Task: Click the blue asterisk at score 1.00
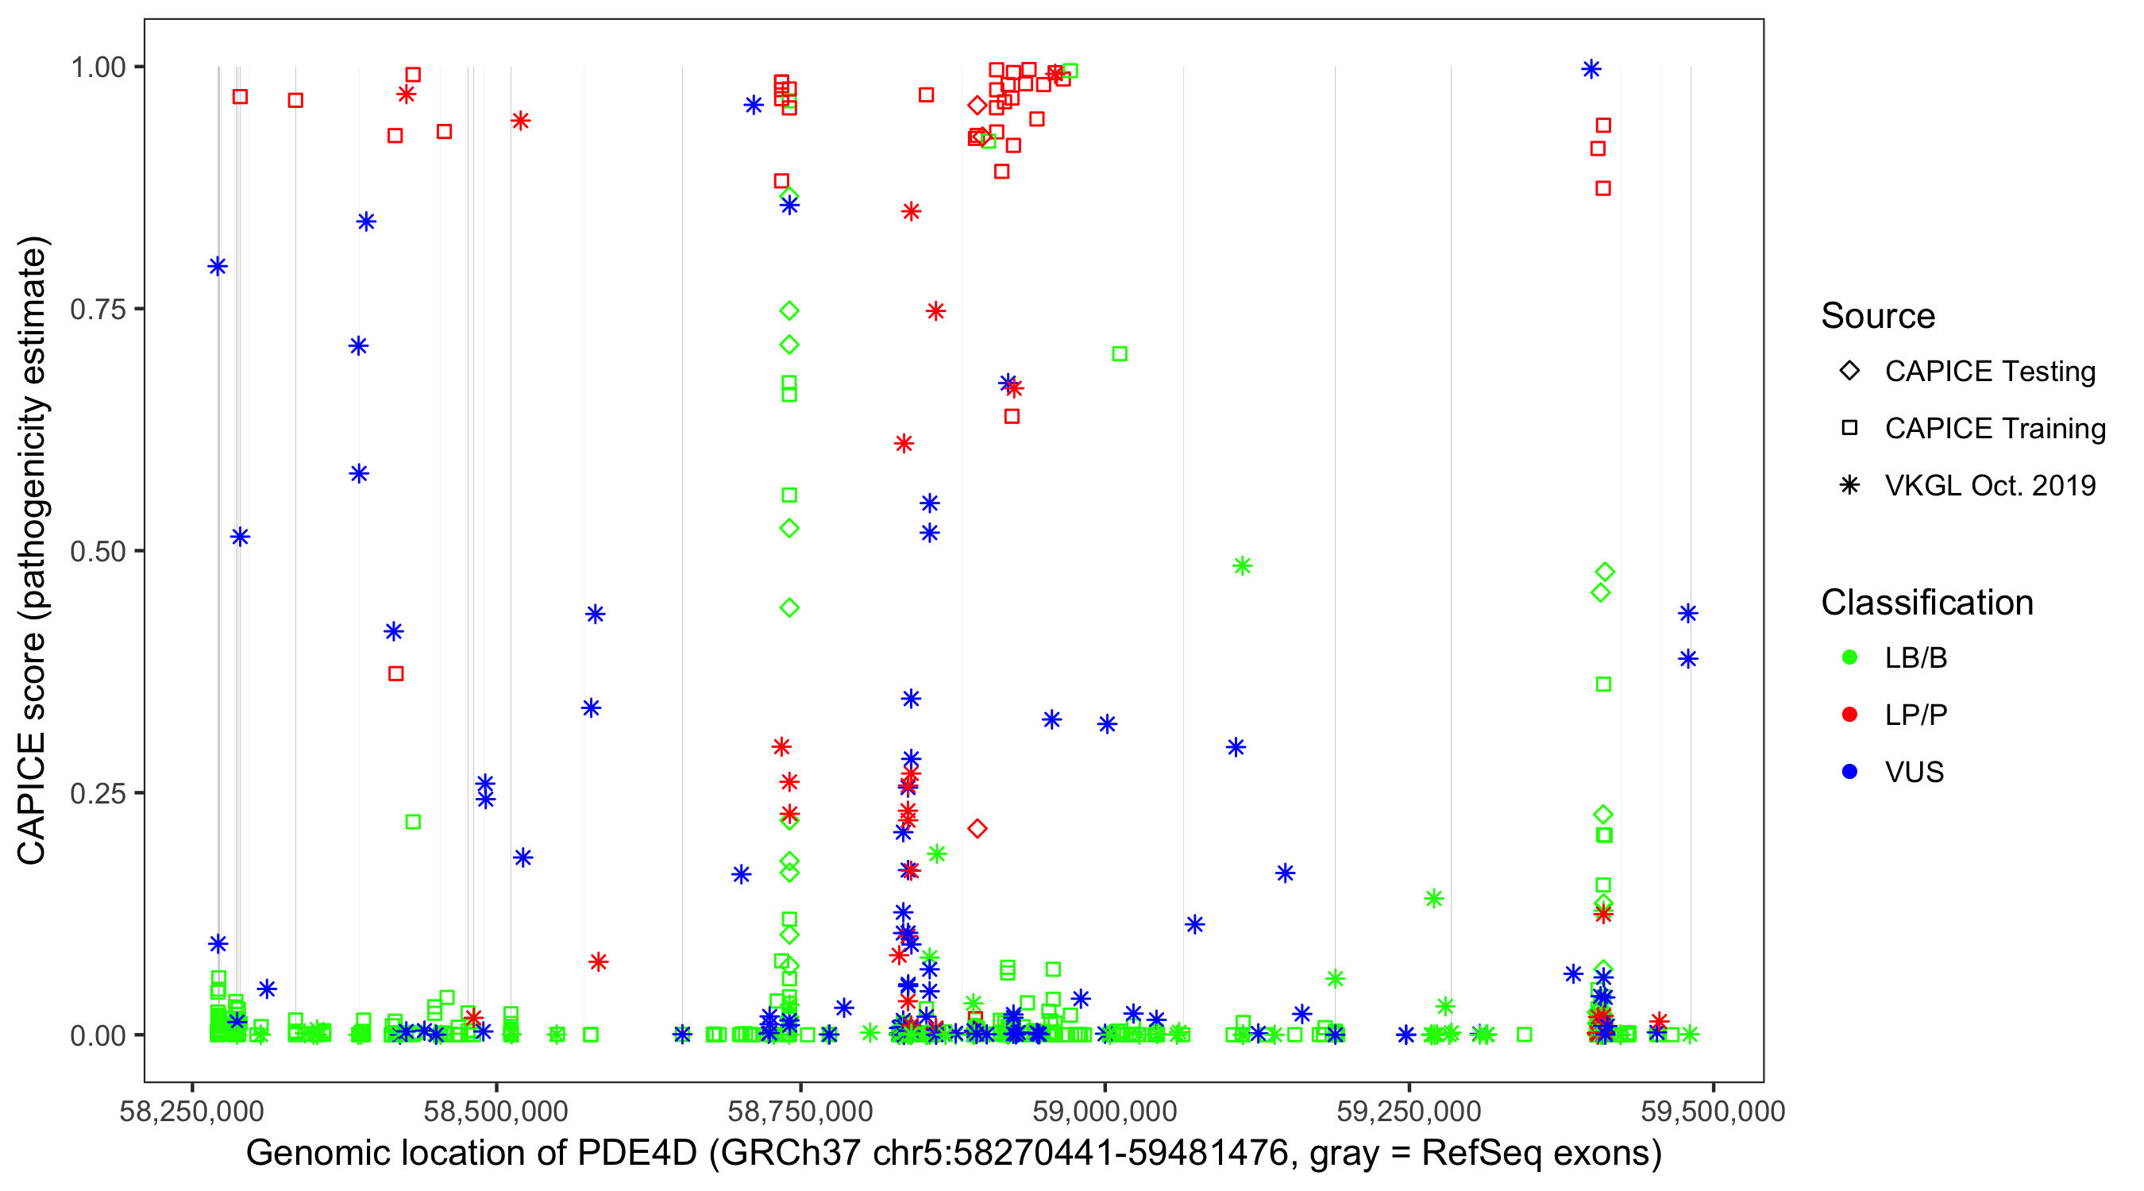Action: coord(1591,69)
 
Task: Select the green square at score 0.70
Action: coord(1120,353)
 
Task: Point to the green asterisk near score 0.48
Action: coord(1242,566)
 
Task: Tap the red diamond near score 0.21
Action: coord(978,828)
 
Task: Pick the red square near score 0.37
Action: coord(395,673)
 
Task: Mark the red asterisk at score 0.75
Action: coord(935,311)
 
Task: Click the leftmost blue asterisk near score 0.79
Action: coord(218,266)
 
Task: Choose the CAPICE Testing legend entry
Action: coord(1989,372)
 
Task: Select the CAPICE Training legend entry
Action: coord(1994,429)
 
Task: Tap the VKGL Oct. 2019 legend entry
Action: coord(1989,485)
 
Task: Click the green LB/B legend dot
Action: coord(1849,657)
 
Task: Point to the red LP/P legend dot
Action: coord(1849,715)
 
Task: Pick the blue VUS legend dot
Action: coord(1849,772)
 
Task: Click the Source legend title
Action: coord(1878,316)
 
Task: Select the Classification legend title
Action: coord(1926,603)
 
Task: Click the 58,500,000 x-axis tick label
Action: coord(496,1111)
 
